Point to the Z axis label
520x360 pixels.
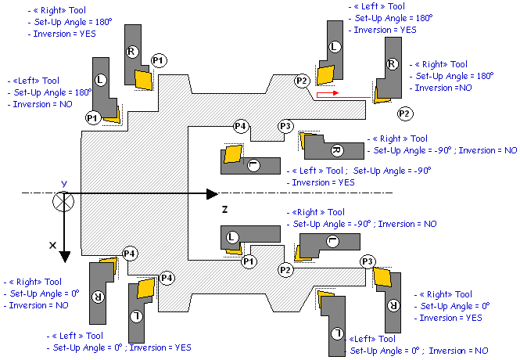point(224,210)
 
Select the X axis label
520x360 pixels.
point(53,245)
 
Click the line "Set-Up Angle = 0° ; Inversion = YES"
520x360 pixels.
point(117,347)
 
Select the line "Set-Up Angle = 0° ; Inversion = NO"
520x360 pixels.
point(418,351)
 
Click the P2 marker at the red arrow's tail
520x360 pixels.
point(303,81)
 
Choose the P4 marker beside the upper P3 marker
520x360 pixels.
point(241,127)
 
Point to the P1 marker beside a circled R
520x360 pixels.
point(158,59)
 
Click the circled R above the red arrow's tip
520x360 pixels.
point(392,64)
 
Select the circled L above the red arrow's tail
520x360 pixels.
point(335,47)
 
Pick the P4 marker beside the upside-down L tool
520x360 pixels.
point(167,277)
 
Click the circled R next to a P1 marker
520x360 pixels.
point(131,51)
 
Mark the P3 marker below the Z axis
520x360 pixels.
point(367,261)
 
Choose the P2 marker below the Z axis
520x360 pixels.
point(285,270)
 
